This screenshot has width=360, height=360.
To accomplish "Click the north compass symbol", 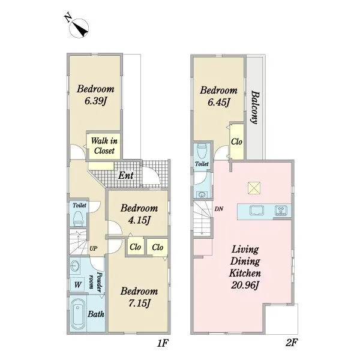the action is [x=79, y=28].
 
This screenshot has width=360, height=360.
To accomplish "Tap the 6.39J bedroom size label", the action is [x=95, y=101].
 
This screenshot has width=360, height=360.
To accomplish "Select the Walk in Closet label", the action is [x=104, y=146].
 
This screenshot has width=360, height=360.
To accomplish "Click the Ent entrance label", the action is [x=126, y=176].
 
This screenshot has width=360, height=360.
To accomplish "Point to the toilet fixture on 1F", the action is [x=78, y=219].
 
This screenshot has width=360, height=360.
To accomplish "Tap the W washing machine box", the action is [x=78, y=285].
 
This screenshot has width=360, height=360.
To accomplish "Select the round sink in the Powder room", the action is [x=74, y=266].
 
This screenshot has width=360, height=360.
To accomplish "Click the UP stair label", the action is [x=93, y=248].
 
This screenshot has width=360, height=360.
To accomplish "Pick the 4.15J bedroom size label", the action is [x=139, y=221].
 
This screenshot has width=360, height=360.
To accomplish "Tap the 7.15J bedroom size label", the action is [x=139, y=304].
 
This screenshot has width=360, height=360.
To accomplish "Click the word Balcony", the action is [x=256, y=107].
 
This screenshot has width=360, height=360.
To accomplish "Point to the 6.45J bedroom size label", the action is [x=218, y=103].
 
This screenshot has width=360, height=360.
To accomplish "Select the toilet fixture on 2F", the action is [x=202, y=151].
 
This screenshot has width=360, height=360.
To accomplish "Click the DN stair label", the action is [x=219, y=209].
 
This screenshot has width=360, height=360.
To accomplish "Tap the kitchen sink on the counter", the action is [x=256, y=211].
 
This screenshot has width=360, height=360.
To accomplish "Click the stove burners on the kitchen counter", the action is [x=281, y=211].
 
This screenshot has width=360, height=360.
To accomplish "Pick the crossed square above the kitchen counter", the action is [x=254, y=188].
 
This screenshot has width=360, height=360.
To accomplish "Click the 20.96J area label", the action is [x=245, y=286].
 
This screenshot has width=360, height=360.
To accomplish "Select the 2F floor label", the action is [x=292, y=343].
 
